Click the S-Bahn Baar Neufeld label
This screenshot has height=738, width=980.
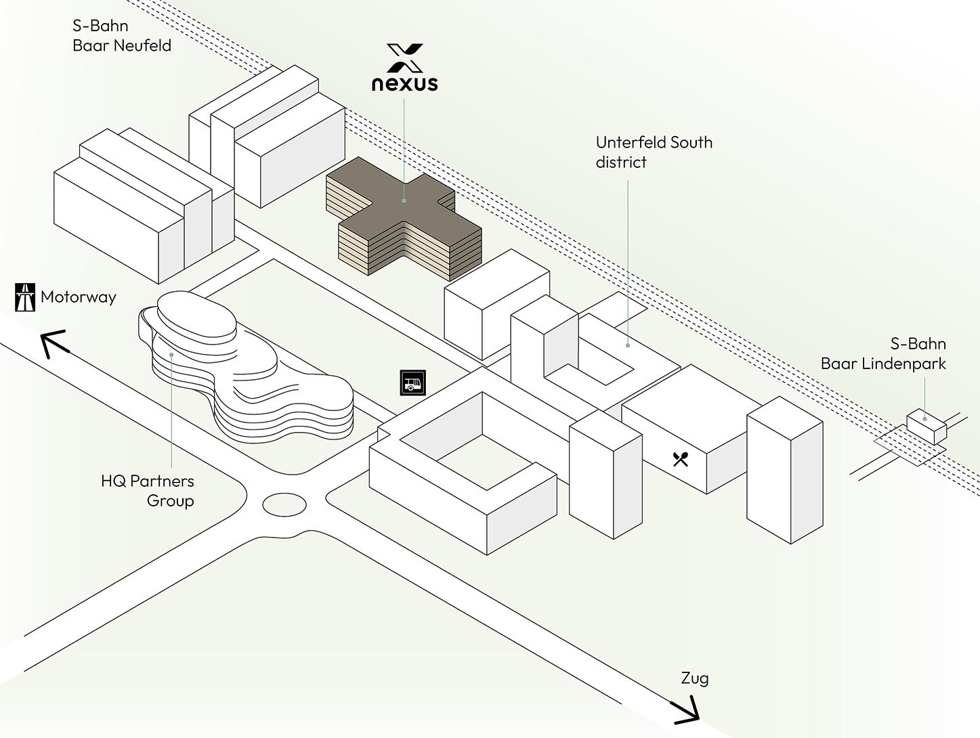coord(122,36)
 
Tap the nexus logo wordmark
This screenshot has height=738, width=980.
coord(404,83)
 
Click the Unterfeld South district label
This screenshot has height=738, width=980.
coord(654,152)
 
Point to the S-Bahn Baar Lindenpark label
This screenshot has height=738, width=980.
coord(883,353)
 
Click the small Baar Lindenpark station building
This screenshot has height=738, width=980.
coord(926,425)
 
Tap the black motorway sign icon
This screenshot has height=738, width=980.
coord(25,297)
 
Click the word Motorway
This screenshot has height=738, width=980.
coord(79,297)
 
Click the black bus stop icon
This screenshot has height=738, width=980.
coord(412,383)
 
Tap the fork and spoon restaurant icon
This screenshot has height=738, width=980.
coord(681,459)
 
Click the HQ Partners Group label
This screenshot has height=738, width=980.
coord(148,491)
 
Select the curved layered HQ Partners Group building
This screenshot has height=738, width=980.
coord(251,379)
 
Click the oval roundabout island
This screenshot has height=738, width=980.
coord(284,504)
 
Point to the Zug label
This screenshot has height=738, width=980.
coord(695,678)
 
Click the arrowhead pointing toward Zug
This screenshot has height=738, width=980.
coord(687,711)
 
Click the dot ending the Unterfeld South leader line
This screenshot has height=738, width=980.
coord(628,345)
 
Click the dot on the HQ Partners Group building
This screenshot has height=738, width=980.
coord(172,354)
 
